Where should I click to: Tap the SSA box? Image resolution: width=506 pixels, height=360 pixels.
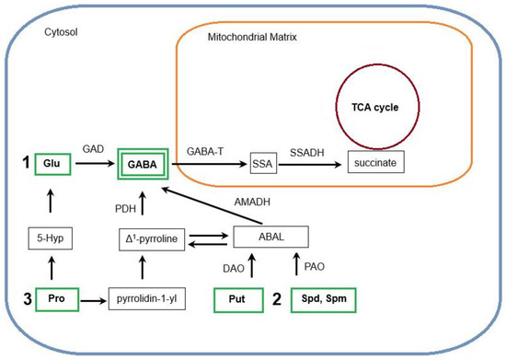pos(261,164)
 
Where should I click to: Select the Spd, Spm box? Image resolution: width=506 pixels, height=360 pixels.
pos(324,300)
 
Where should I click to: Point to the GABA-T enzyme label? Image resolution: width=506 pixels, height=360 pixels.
pos(200,148)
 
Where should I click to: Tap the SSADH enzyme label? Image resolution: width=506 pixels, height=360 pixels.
pos(306,148)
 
